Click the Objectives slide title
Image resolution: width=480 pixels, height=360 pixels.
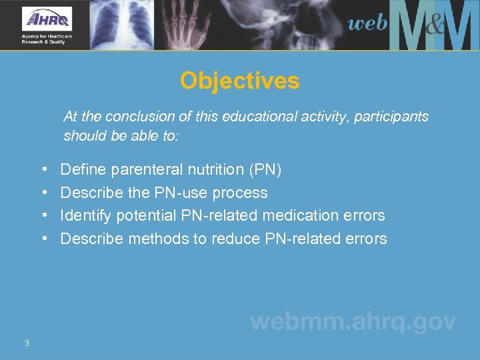tap(239, 81)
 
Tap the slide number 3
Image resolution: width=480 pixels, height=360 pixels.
tap(27, 343)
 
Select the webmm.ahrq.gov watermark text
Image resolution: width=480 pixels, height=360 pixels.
tap(353, 322)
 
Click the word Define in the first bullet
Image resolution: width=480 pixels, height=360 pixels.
tap(83, 170)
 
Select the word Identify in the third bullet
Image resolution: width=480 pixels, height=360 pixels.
tap(86, 216)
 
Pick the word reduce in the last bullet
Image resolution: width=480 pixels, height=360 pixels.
tap(235, 239)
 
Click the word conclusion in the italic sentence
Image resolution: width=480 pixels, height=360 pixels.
tap(153, 117)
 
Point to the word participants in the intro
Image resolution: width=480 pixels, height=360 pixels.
tap(392, 117)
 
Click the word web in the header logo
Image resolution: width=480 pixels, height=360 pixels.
tap(367, 25)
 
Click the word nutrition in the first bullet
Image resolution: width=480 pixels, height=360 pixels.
tap(215, 170)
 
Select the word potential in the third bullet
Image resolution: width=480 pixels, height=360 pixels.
tap(146, 216)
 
